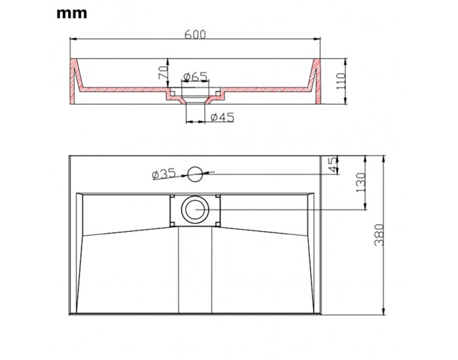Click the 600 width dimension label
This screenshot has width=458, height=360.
[195, 35]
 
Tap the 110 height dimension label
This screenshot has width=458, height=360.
[341, 82]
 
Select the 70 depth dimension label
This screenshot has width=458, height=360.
[164, 72]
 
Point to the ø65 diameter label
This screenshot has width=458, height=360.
[195, 77]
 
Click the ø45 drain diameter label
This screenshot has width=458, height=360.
[222, 117]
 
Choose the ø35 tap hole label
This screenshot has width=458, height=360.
[164, 173]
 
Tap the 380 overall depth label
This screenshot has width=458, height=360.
[379, 235]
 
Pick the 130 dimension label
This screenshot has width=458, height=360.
[361, 183]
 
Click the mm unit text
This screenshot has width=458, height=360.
[72, 14]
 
